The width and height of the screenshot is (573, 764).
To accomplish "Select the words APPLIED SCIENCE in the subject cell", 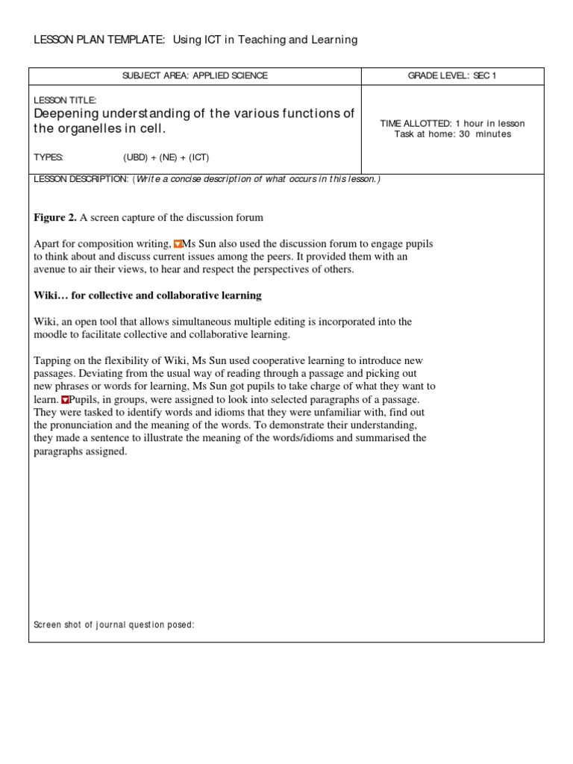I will (x=231, y=76).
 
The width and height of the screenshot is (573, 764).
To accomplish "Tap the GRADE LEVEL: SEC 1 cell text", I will (x=452, y=76).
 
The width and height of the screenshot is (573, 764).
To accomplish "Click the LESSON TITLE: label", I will (x=66, y=100).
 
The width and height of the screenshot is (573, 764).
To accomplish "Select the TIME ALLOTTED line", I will (x=452, y=124).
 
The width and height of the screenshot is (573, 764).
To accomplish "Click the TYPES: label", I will (x=49, y=158).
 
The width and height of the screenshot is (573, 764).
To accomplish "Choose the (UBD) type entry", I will (x=137, y=158).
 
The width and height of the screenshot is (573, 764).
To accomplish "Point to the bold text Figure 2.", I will (x=55, y=218).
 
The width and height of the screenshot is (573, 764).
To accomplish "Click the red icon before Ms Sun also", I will (x=178, y=244).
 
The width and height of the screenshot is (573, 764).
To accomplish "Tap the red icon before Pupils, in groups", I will (x=65, y=400).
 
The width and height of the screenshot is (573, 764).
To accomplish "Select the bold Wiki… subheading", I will (x=148, y=295).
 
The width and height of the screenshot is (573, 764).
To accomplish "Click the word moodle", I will (x=51, y=335).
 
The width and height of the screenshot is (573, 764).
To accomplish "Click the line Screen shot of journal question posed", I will (x=114, y=624).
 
